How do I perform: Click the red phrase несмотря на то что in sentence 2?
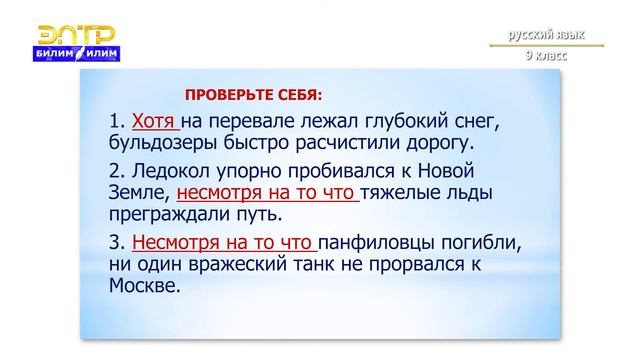[266, 192]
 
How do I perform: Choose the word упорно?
[255, 169]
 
